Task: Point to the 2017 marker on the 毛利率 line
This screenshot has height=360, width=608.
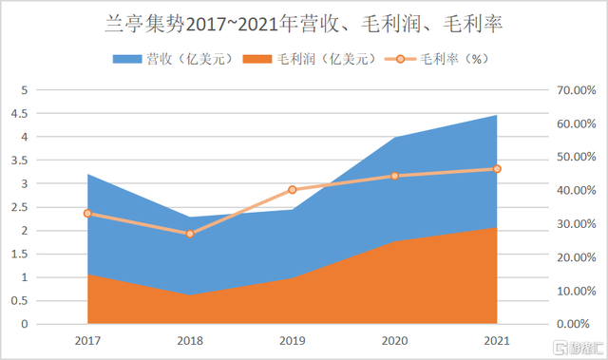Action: [x=87, y=214]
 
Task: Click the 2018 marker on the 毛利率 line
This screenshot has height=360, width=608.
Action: [x=189, y=234]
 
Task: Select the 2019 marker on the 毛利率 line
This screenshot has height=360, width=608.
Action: [x=293, y=190]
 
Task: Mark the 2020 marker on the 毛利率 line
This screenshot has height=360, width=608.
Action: [x=394, y=176]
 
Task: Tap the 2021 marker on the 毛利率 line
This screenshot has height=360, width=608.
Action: [x=497, y=169]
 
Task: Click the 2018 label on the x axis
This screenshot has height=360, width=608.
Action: [x=189, y=339]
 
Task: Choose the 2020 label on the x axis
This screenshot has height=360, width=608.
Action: [x=394, y=339]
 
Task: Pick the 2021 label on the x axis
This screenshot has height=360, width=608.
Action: [x=497, y=339]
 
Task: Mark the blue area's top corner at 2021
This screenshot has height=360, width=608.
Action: [x=497, y=115]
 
